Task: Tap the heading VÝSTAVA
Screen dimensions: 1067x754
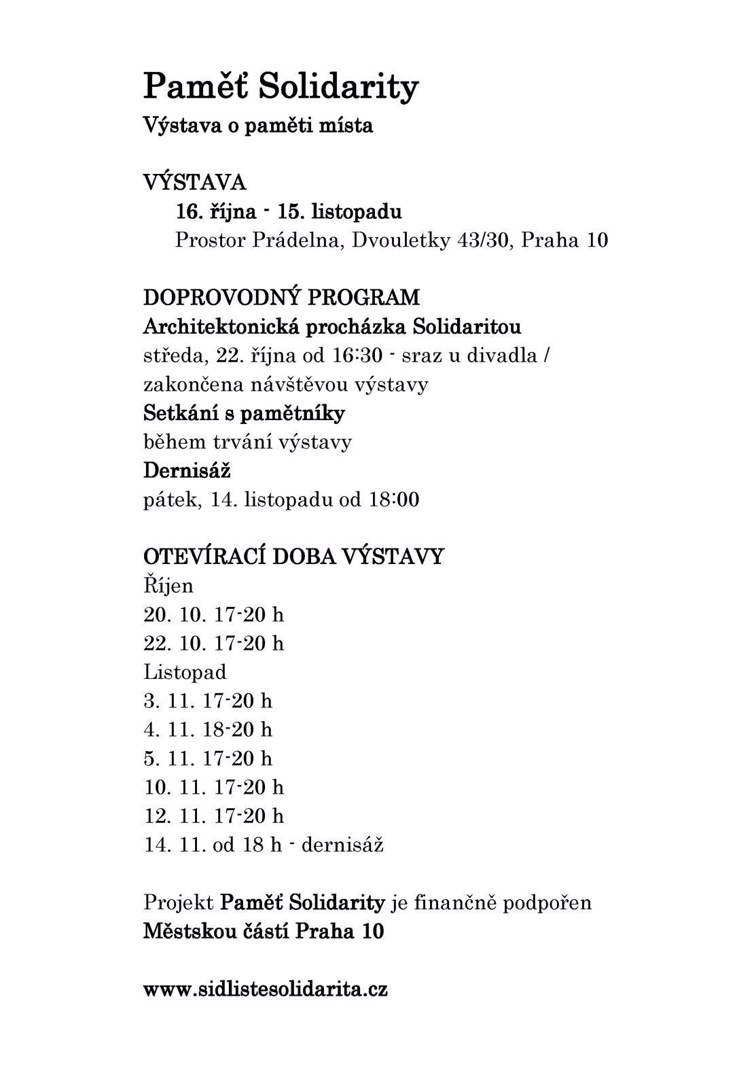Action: (194, 183)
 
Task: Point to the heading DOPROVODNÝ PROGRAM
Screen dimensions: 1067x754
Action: (281, 298)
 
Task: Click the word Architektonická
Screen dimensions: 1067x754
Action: (221, 327)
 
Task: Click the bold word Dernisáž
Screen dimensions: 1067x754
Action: (187, 470)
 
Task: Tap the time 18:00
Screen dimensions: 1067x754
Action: (394, 500)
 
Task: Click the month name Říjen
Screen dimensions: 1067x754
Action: (168, 585)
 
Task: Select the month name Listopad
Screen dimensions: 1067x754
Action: (185, 672)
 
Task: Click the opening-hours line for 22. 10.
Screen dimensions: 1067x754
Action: (213, 643)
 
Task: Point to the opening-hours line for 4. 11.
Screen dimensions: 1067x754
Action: (208, 729)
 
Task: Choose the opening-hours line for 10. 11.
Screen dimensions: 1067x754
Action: (213, 787)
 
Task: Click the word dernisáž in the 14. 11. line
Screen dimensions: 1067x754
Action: (342, 845)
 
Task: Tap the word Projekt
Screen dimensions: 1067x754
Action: (178, 903)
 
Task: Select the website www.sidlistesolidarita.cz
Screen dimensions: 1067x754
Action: (266, 989)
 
